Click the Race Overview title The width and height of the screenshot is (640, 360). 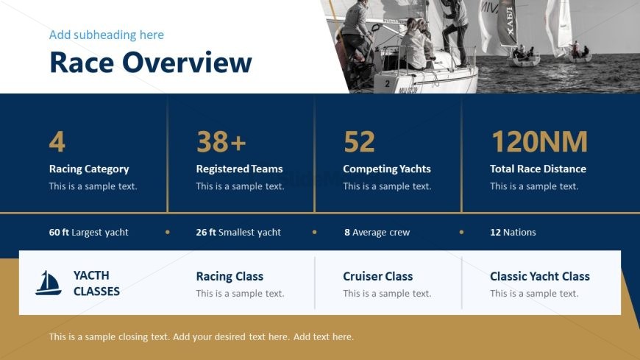point(151,63)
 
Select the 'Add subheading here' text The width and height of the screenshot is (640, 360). point(107,35)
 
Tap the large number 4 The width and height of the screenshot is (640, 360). point(57,142)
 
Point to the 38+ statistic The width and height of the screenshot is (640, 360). point(221,142)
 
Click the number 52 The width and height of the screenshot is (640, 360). point(359,142)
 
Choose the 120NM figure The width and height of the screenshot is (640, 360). point(539,142)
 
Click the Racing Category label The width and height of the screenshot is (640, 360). point(89,169)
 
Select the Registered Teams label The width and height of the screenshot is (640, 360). point(239,169)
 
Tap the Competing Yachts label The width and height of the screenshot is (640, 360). point(387,169)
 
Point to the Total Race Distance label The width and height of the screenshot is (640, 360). point(538,169)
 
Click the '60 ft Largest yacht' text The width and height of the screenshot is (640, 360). point(88,232)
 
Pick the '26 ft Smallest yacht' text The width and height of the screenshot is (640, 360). point(238,232)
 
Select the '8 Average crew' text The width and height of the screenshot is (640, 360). point(377,232)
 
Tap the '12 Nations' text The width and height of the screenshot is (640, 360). point(513,232)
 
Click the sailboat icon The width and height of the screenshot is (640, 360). point(48,283)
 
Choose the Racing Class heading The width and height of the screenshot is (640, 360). point(230,276)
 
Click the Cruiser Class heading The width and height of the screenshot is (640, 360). point(378,276)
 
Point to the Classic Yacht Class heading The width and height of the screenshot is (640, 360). point(540,276)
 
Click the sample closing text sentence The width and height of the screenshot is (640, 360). point(202,336)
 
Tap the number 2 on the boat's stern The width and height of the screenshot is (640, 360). point(387,84)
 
